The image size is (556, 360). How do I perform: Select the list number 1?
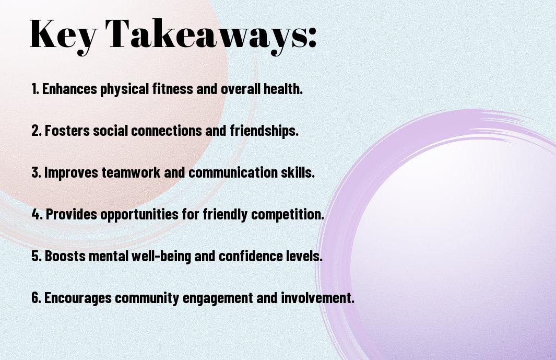(35, 89)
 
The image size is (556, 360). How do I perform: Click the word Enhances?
(69, 89)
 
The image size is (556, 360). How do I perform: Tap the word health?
(283, 89)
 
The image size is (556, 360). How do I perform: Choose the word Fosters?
(67, 131)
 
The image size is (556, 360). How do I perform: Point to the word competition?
(288, 214)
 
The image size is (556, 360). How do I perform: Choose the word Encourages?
(78, 298)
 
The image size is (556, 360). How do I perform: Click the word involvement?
(318, 298)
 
